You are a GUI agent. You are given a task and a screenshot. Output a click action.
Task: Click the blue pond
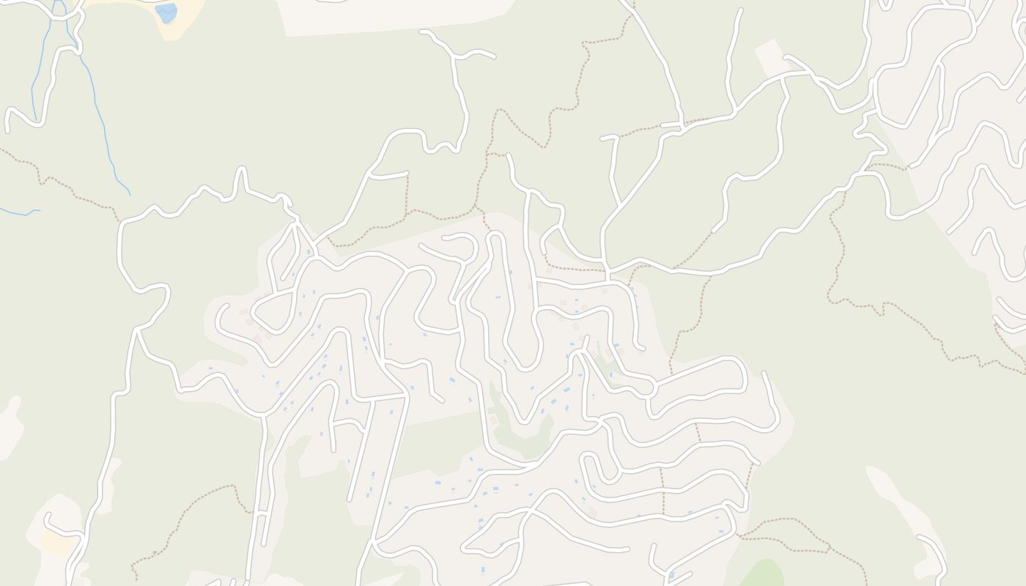pyautogui.click(x=166, y=12)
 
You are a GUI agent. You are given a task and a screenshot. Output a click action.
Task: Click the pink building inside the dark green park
pyautogui.click(x=492, y=420)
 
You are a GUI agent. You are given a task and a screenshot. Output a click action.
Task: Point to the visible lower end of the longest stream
pyautogui.click(x=130, y=195)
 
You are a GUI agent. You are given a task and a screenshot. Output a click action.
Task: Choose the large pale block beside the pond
pyautogui.click(x=396, y=15)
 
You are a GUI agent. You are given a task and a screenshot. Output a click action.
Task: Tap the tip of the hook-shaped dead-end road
pyautogui.click(x=46, y=516)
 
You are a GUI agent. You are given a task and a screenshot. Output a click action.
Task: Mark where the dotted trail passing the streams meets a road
pyautogui.click(x=119, y=220)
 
